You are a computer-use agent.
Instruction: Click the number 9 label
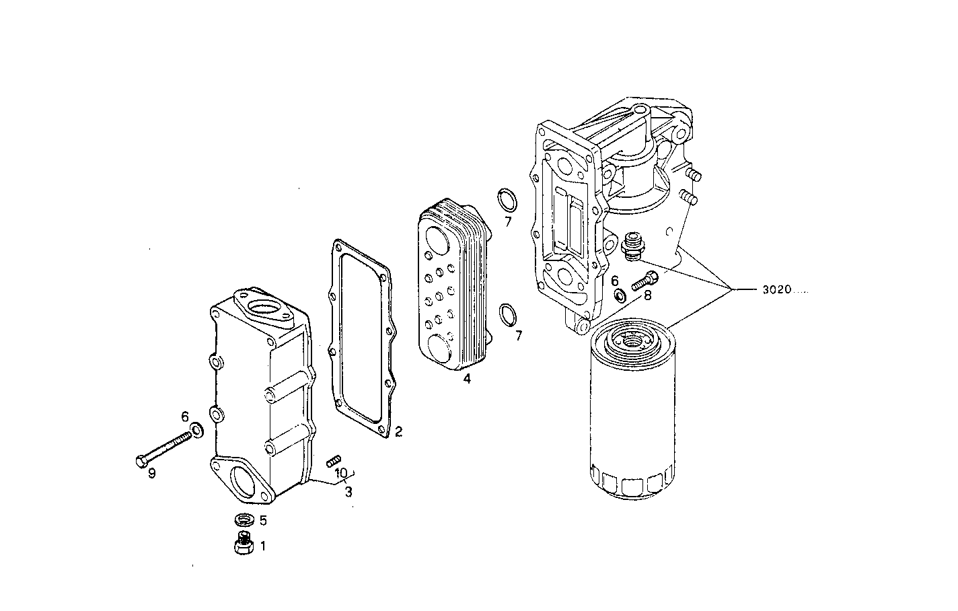(x=152, y=474)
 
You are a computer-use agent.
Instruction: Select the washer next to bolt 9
(x=197, y=429)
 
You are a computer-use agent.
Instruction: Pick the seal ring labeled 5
(x=244, y=519)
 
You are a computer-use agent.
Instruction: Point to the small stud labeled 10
(x=332, y=460)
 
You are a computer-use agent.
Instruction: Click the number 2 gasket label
(x=398, y=431)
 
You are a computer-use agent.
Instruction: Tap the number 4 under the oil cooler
(x=466, y=380)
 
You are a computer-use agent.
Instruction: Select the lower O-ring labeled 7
(x=509, y=314)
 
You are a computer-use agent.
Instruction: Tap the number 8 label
(x=647, y=295)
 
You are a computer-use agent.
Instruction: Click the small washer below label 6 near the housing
(x=620, y=295)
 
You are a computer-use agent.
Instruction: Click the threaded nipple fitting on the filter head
(x=631, y=246)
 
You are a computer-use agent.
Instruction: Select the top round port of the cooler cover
(x=262, y=310)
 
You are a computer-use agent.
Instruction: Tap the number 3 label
(x=348, y=493)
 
